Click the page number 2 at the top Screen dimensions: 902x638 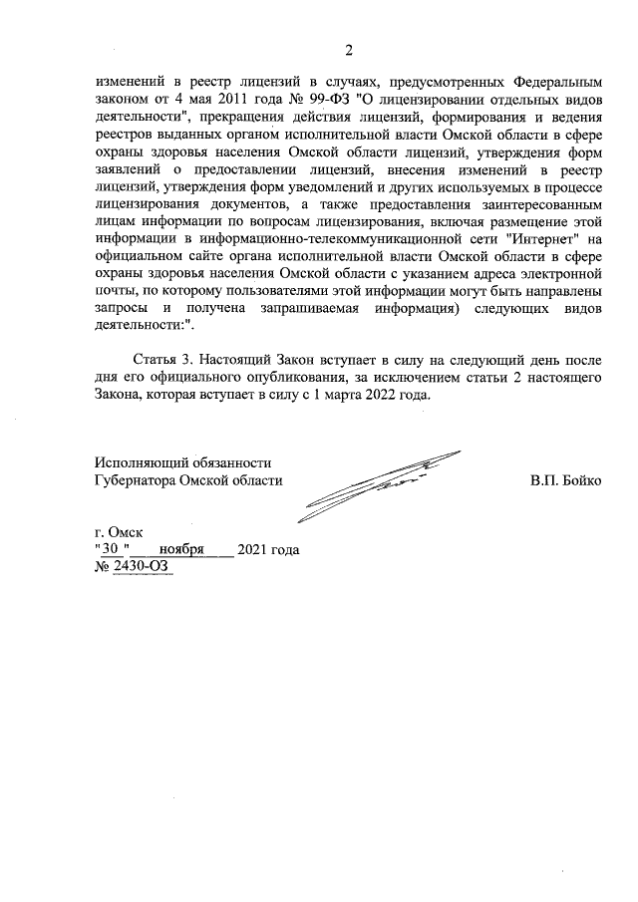(349, 51)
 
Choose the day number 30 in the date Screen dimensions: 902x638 (110, 550)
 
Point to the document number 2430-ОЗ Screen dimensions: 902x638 (142, 567)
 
